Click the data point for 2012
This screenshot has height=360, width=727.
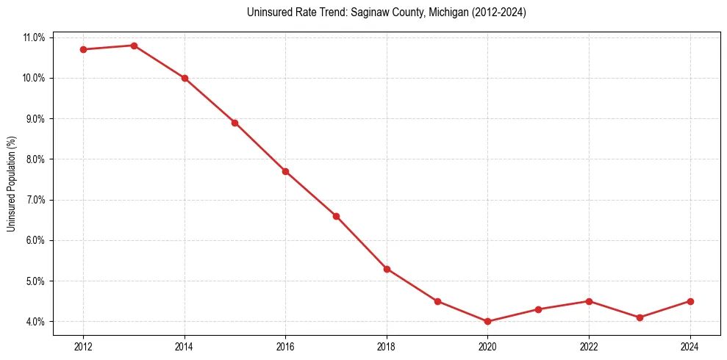coord(83,49)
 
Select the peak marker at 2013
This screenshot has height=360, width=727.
coord(134,46)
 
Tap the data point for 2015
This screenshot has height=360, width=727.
coord(234,123)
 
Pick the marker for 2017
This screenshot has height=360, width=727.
coord(336,216)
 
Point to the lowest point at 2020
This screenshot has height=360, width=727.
coord(487,321)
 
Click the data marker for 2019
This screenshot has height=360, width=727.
coord(437,301)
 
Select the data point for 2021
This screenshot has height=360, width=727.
coord(538,309)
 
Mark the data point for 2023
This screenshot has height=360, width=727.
coord(640,317)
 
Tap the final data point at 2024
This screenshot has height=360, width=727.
coord(690,301)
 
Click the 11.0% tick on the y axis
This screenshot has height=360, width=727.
coord(35,37)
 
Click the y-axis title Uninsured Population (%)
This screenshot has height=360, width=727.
coord(11,184)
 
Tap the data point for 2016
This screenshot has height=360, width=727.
coord(285,171)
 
